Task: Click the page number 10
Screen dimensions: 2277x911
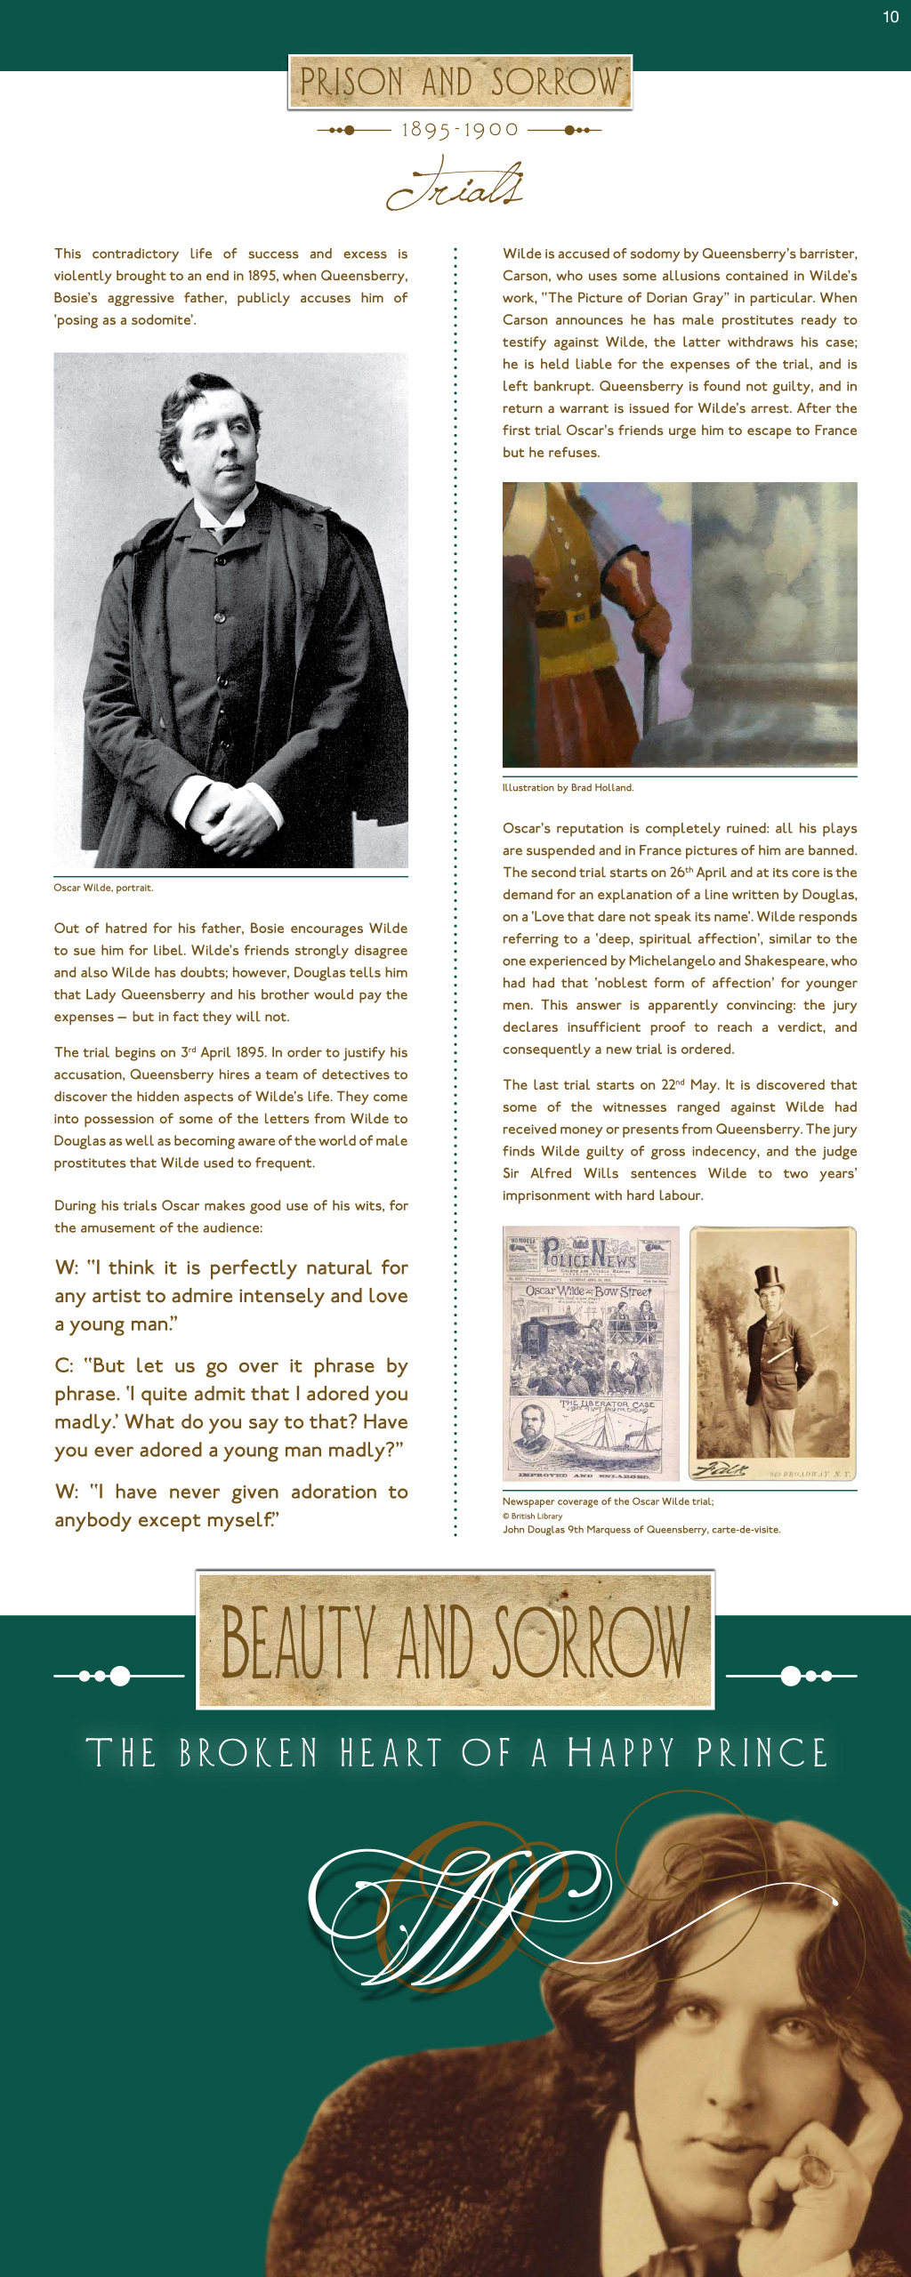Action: [x=891, y=17]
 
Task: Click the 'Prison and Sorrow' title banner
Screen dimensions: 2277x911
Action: [x=460, y=82]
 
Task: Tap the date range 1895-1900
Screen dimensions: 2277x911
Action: [x=460, y=130]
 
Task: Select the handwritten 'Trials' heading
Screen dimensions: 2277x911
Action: [x=455, y=184]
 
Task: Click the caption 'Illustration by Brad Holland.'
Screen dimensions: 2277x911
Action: [x=568, y=788]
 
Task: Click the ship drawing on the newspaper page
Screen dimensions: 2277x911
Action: [x=605, y=1433]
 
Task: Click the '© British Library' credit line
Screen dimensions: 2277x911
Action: [x=532, y=1517]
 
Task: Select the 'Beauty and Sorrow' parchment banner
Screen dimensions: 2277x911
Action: [x=455, y=1640]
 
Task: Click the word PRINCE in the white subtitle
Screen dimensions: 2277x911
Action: [x=762, y=1753]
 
